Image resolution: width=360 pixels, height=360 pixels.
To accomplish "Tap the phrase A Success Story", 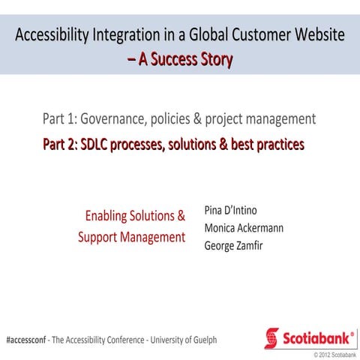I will click(185, 58).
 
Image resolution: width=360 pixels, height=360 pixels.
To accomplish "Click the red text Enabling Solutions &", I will click(135, 216).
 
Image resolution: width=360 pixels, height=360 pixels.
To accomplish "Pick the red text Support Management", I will click(131, 237).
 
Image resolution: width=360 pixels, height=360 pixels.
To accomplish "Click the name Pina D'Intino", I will click(230, 210).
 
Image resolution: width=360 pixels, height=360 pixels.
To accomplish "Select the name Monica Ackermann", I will click(244, 228).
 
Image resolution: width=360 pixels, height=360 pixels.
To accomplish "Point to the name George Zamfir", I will click(234, 245).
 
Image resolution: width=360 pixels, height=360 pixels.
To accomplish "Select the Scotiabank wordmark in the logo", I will click(317, 338).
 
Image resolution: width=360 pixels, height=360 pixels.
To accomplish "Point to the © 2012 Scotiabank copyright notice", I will click(334, 353).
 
